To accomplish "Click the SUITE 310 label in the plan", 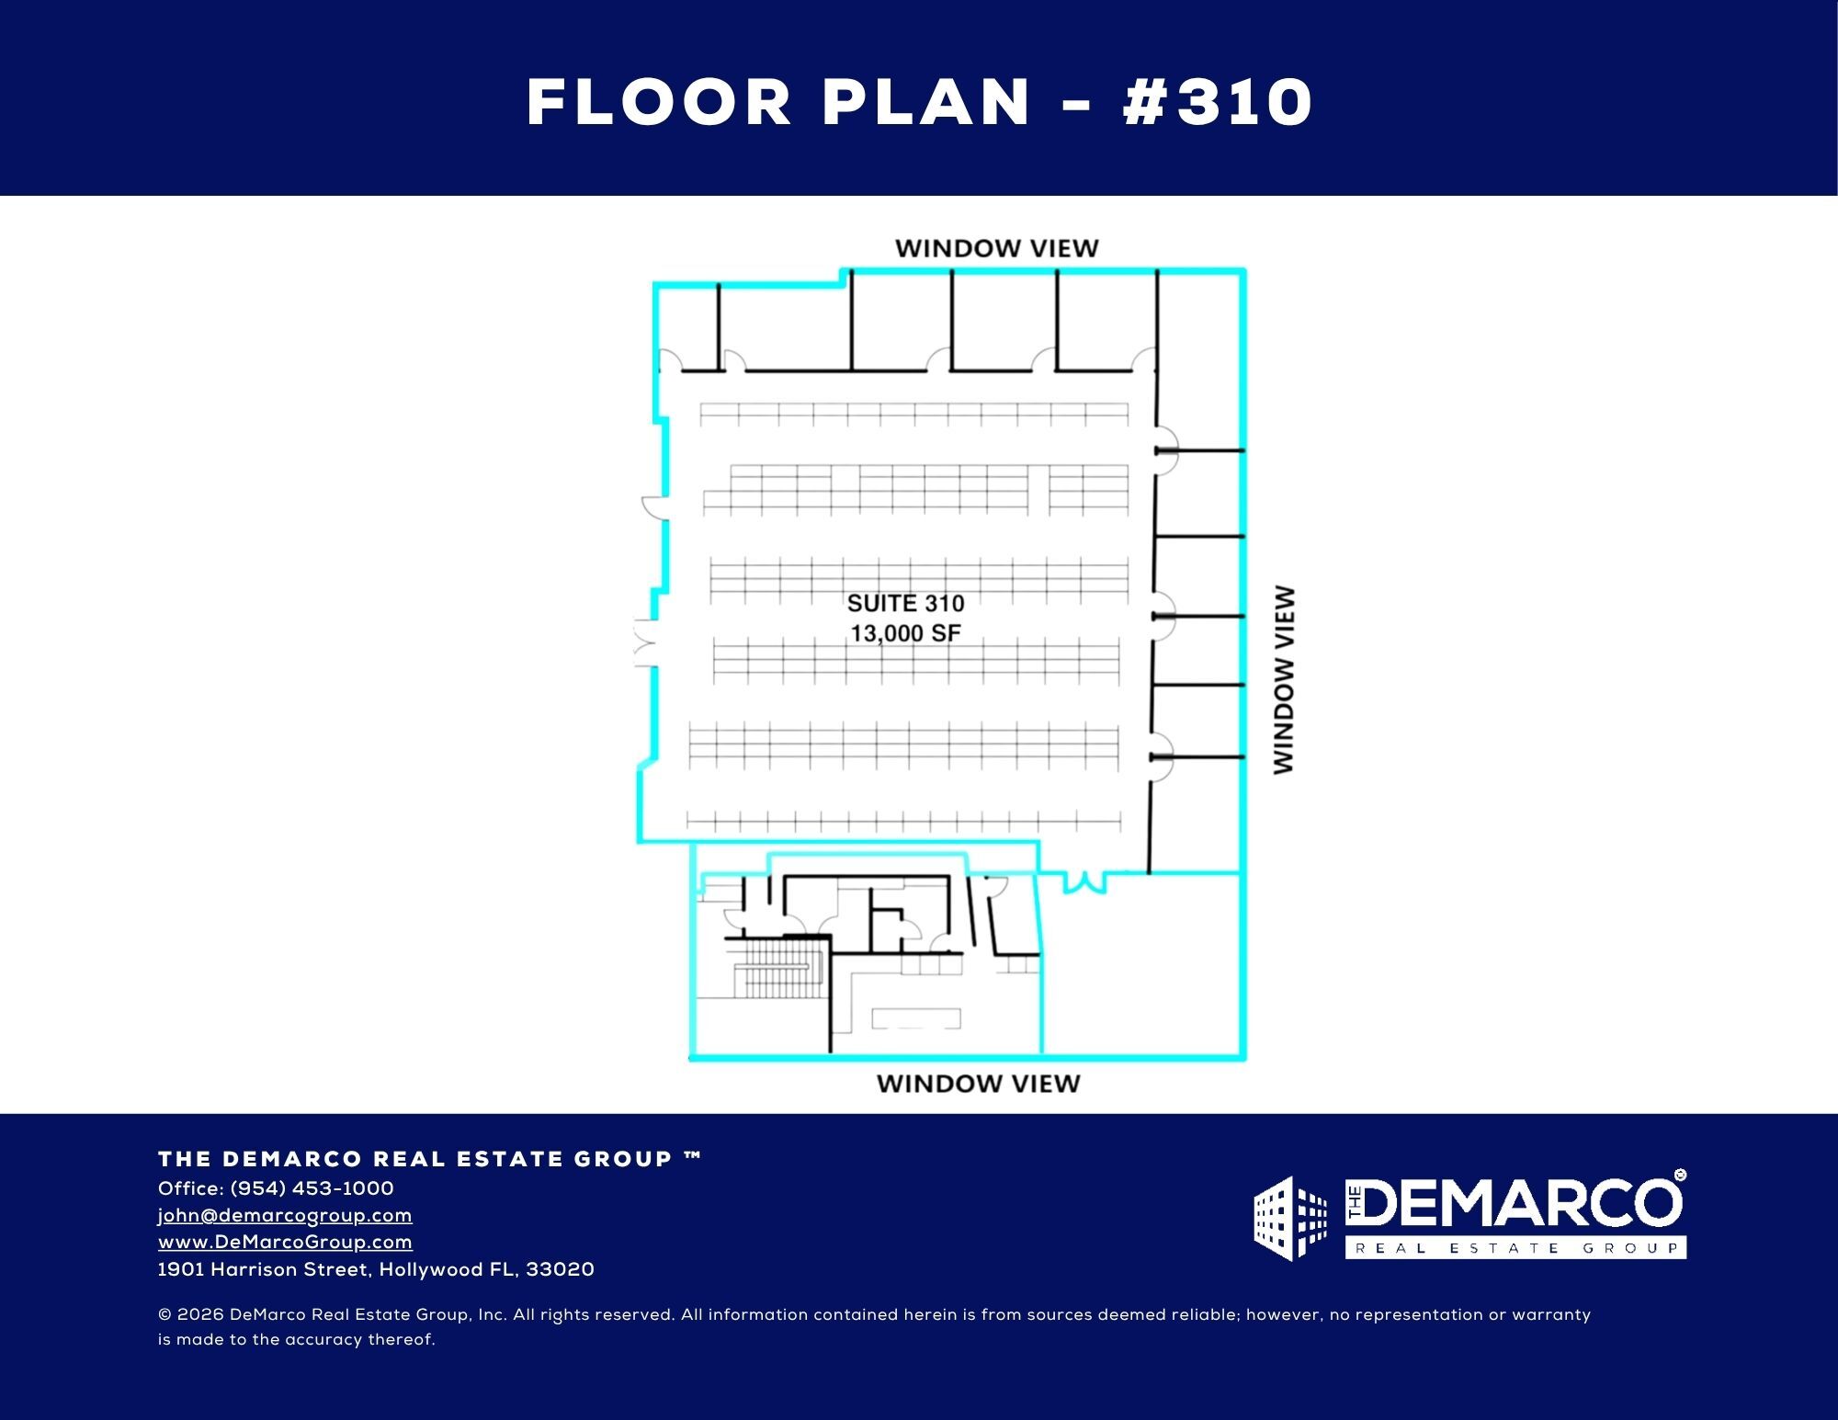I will [x=905, y=604].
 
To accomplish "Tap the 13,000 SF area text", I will [x=905, y=633].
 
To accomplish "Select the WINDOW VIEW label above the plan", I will [x=996, y=248].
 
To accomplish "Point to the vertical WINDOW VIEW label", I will [x=1284, y=680].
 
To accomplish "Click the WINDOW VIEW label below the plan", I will [x=978, y=1084].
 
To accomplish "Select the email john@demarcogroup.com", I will [x=285, y=1215].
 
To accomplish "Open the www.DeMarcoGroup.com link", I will [x=285, y=1242].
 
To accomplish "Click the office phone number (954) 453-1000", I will [x=312, y=1188].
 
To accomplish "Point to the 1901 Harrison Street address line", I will [x=376, y=1269].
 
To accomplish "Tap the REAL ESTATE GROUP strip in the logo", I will [x=1515, y=1248].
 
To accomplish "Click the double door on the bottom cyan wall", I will [x=1084, y=881].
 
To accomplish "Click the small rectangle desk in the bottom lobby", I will [x=915, y=1017].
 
